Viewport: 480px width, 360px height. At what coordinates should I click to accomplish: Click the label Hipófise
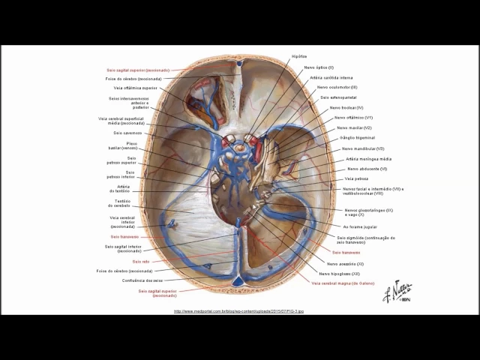298,56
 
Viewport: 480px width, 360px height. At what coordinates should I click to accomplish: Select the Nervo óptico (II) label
319,67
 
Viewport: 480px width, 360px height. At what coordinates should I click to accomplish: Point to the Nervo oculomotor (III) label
337,87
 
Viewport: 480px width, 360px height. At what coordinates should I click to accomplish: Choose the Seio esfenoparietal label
338,97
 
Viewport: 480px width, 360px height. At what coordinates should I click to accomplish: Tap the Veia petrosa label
356,178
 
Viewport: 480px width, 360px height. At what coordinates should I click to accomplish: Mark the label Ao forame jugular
360,226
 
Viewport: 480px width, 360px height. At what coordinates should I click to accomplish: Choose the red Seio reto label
141,261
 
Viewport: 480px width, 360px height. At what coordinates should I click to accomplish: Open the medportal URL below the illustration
238,311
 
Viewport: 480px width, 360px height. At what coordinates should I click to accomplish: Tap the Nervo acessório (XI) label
346,263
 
